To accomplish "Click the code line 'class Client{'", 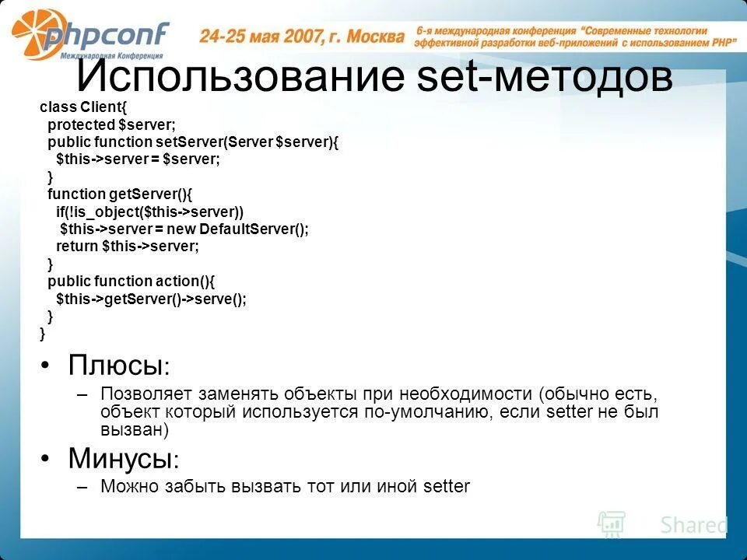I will click(x=87, y=107).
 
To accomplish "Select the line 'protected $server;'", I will click(x=111, y=124).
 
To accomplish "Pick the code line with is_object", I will click(x=149, y=212).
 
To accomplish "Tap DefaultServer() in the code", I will click(x=254, y=229).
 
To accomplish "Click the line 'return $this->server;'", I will click(x=128, y=247).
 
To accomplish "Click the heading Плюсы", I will click(x=117, y=365).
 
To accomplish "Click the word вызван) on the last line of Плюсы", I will click(x=135, y=429).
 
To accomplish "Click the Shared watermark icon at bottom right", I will click(x=611, y=524).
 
